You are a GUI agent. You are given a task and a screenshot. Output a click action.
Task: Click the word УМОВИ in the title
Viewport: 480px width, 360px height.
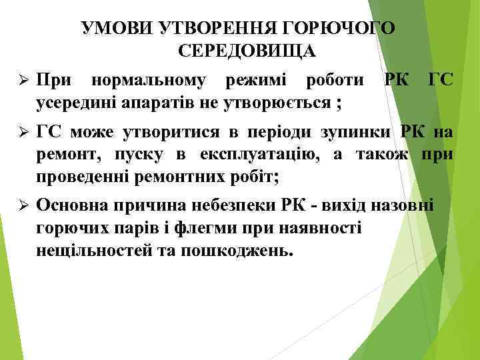117,28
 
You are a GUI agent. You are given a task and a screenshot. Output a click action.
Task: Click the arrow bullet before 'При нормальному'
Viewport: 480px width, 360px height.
23,81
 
